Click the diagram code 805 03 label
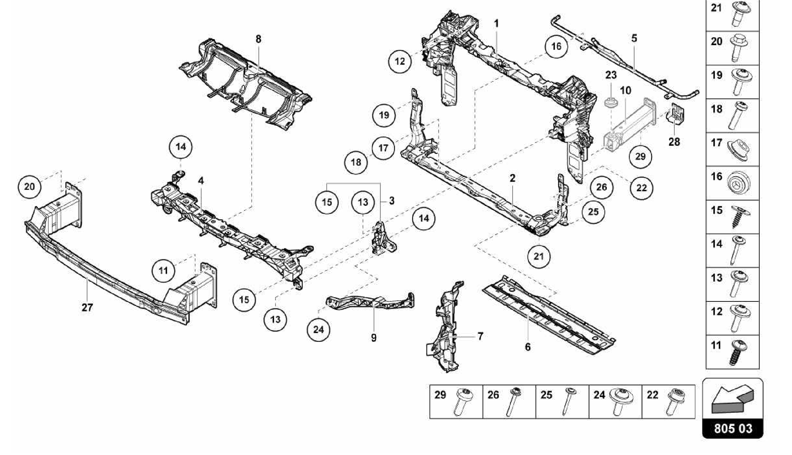[x=733, y=428]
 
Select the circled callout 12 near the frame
[x=400, y=61]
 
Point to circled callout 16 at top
[x=556, y=46]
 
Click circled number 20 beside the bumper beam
[x=29, y=186]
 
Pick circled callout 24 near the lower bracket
[x=318, y=330]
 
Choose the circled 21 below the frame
[x=539, y=256]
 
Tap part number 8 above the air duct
[x=258, y=39]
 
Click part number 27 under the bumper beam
[x=87, y=308]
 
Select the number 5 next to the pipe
[x=634, y=38]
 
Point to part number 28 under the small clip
[x=674, y=142]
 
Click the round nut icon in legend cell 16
[x=739, y=183]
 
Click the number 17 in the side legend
[x=717, y=143]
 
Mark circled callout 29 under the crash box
[x=640, y=157]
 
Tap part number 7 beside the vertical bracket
[x=480, y=337]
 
